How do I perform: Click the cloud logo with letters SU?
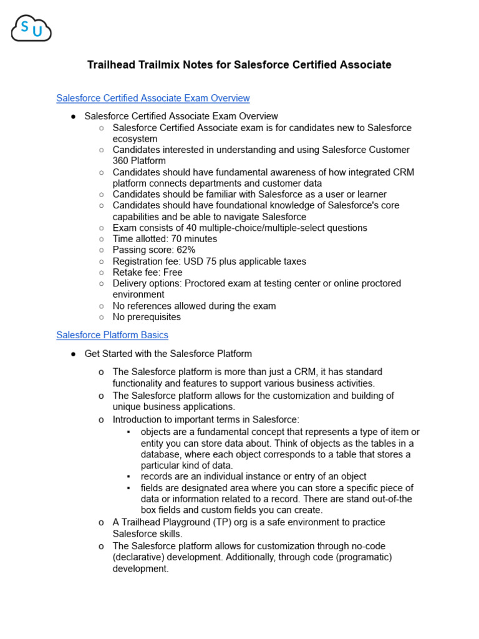pos(31,29)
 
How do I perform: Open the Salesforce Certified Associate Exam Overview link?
pos(153,98)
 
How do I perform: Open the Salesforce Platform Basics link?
pos(112,335)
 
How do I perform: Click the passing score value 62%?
pos(185,250)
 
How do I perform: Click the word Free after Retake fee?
pos(172,273)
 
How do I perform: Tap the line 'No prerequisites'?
pos(147,317)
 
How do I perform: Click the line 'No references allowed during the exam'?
pos(194,306)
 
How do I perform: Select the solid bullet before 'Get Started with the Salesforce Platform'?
pos(73,354)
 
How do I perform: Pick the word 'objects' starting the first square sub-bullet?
pos(157,432)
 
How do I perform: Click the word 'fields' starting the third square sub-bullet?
pos(153,488)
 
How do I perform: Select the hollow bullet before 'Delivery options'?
pos(102,283)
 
